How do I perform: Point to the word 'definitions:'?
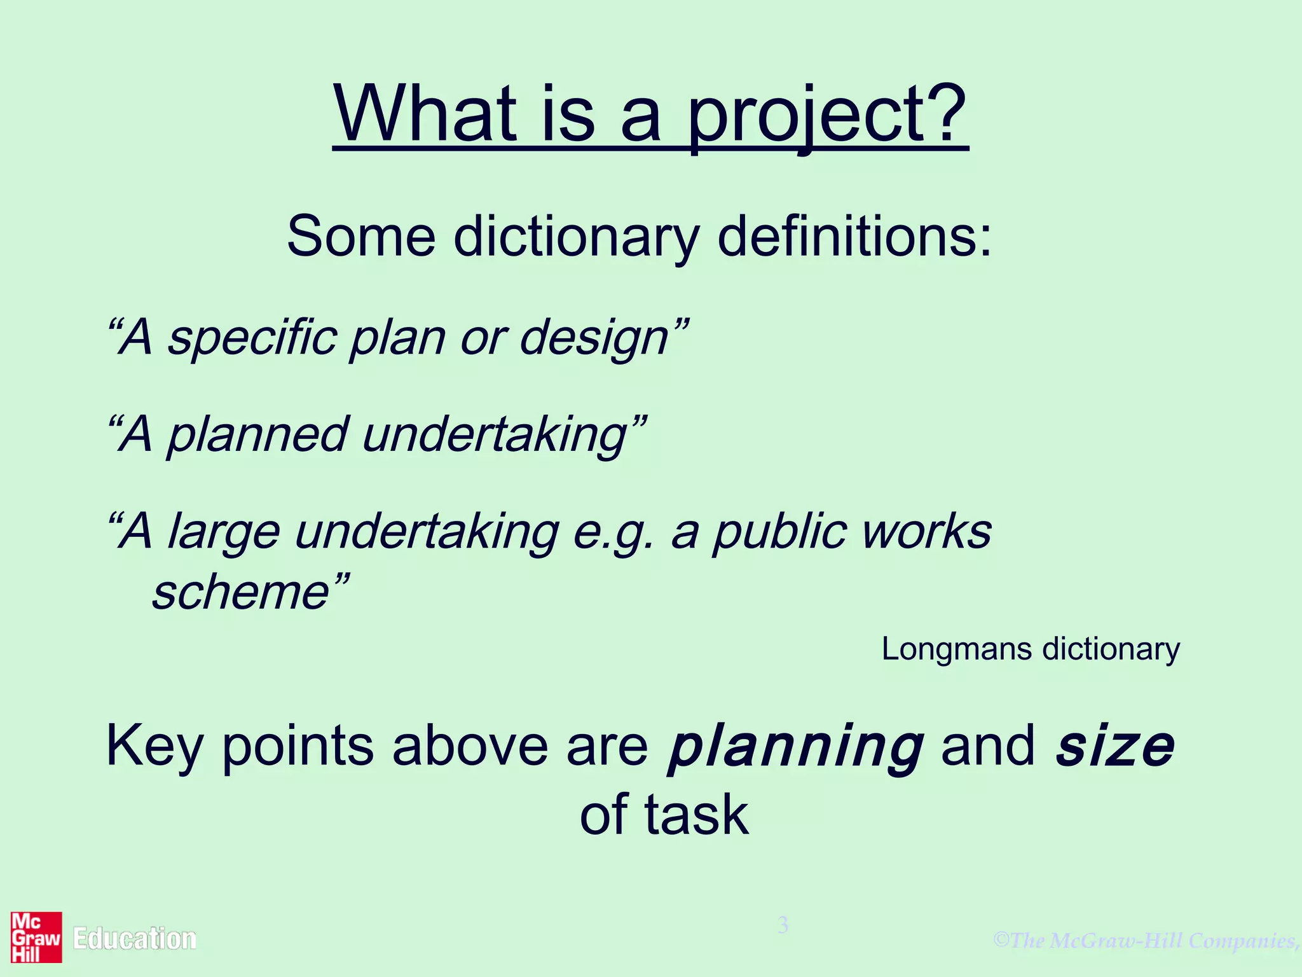click(x=854, y=237)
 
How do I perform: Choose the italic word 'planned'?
click(x=257, y=435)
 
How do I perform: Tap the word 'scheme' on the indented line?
click(x=240, y=592)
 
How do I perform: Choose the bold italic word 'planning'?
click(x=795, y=747)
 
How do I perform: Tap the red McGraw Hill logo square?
click(x=36, y=937)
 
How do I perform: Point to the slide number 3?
click(x=783, y=925)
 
